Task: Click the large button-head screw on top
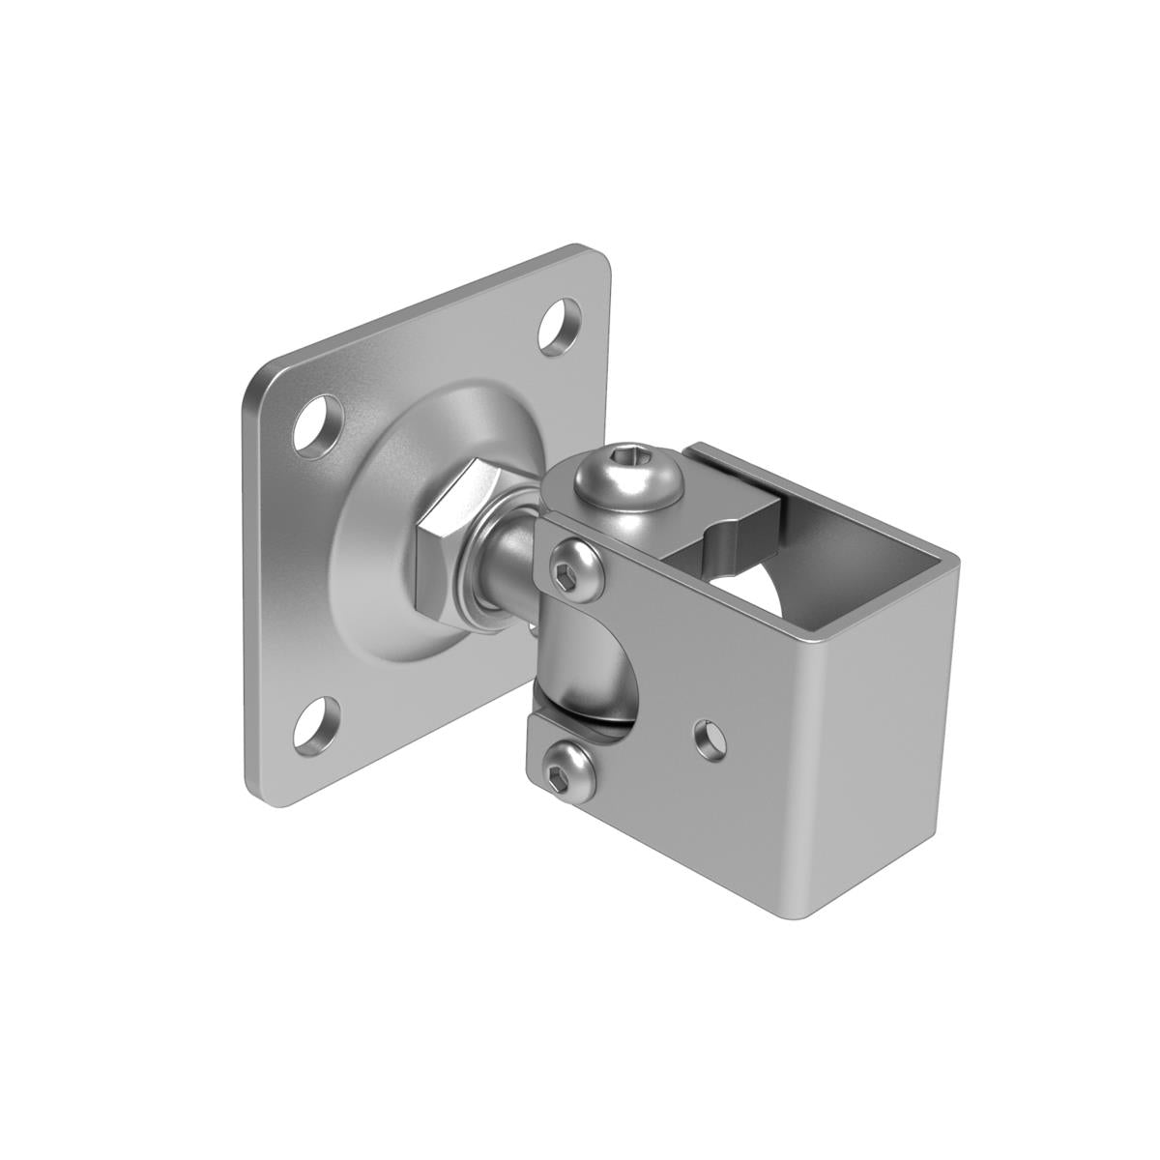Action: [627, 479]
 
